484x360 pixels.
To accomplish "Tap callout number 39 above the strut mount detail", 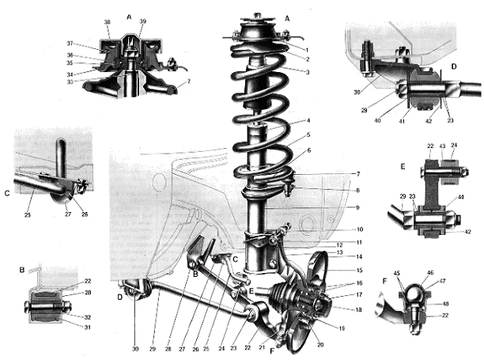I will click(142, 21).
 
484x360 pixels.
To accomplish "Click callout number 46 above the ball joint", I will click(430, 273).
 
